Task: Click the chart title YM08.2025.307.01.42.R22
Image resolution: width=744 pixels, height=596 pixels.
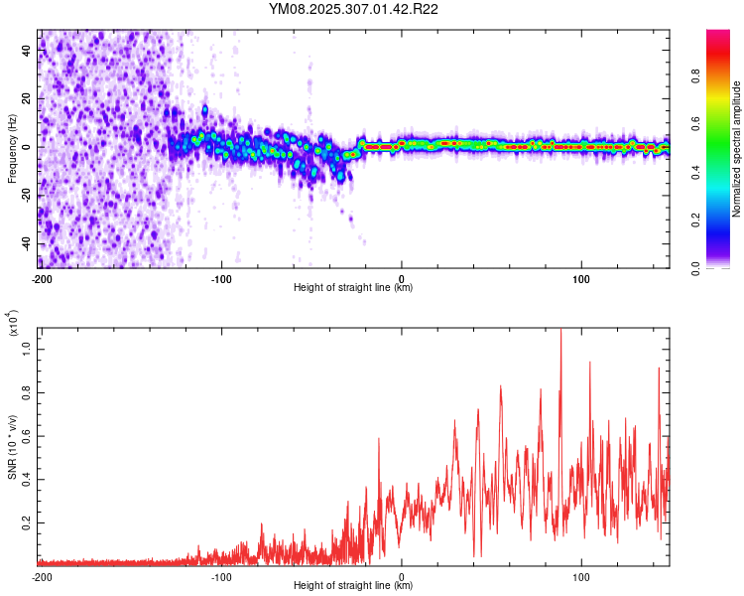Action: pyautogui.click(x=354, y=9)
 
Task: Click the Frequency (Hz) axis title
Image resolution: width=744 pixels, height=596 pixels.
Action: pyautogui.click(x=13, y=148)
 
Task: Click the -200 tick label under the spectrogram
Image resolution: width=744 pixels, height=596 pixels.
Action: pyautogui.click(x=42, y=278)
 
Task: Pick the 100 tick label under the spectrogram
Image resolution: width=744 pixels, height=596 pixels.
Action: pyautogui.click(x=582, y=278)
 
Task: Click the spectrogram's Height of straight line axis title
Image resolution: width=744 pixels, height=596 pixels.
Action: pyautogui.click(x=353, y=288)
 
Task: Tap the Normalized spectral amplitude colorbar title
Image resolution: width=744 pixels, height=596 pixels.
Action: pyautogui.click(x=737, y=149)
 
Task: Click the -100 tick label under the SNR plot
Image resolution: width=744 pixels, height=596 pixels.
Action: pyautogui.click(x=221, y=576)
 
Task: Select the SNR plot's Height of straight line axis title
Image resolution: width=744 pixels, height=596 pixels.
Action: pyautogui.click(x=353, y=586)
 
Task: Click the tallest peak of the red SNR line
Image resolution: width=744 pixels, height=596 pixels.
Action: pyautogui.click(x=561, y=331)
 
